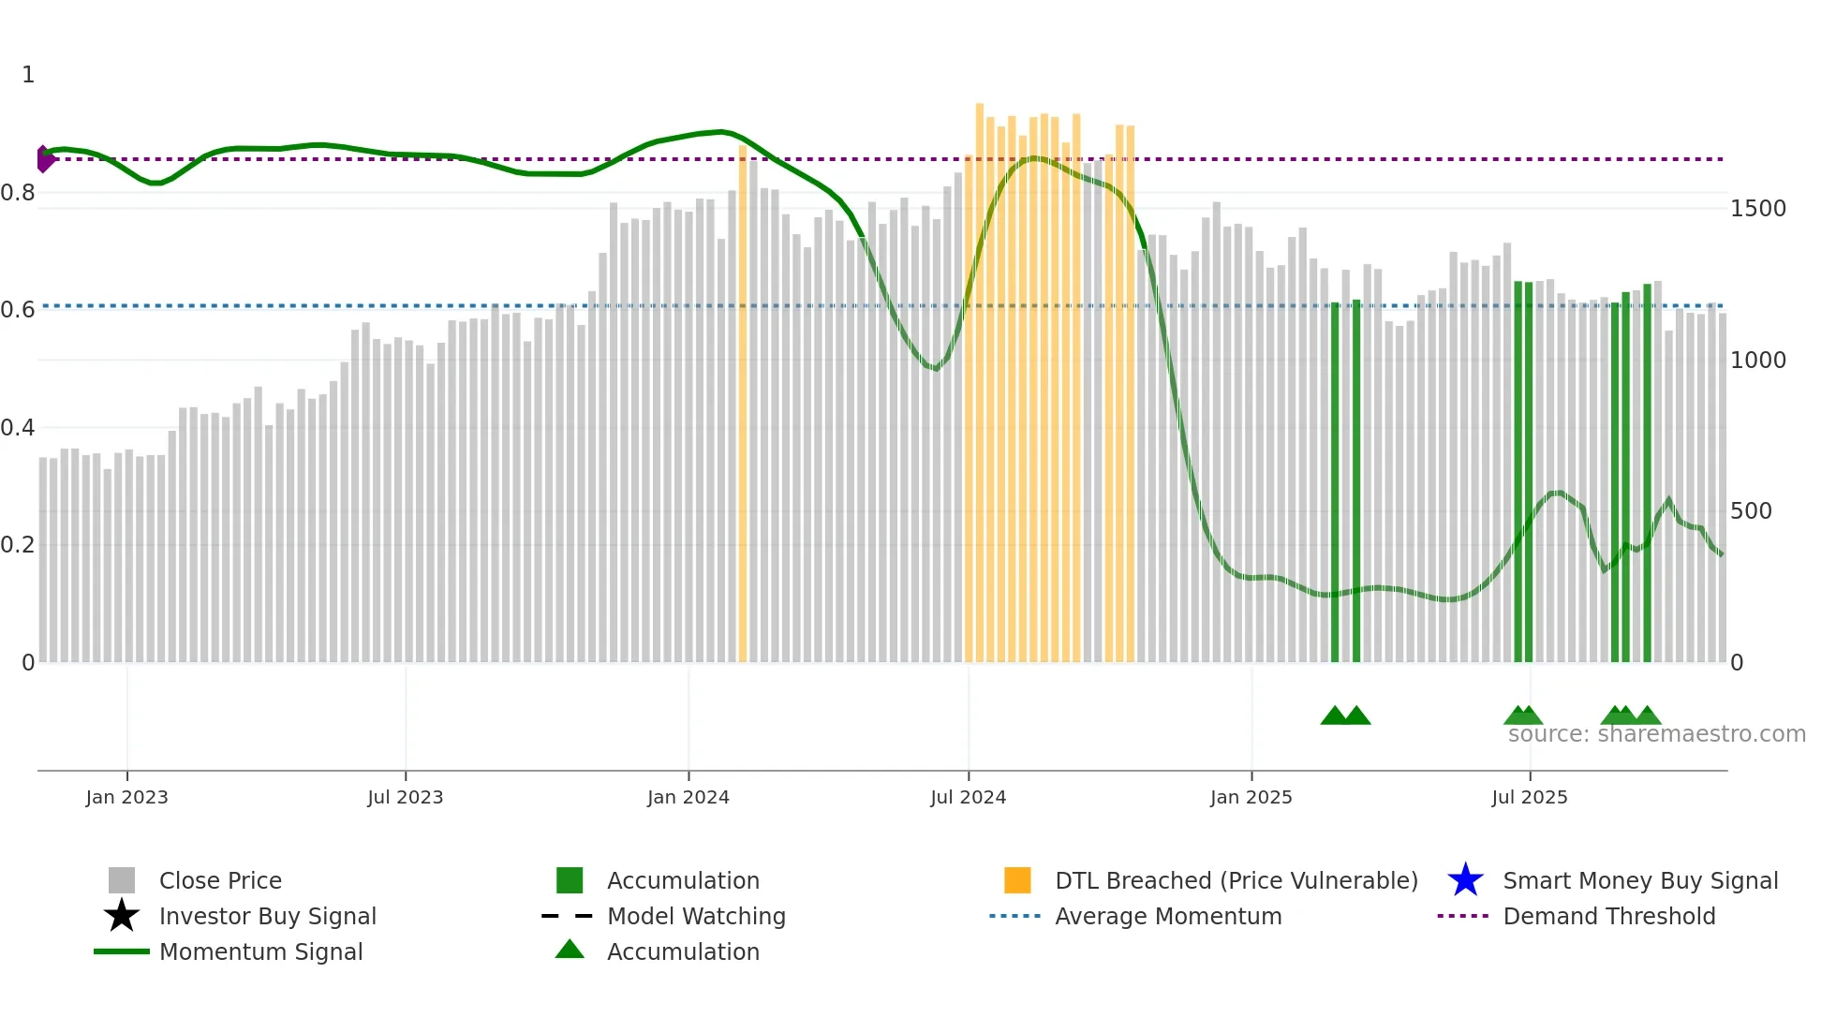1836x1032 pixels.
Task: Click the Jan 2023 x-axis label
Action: pos(126,797)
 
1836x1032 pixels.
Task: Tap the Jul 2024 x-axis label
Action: pos(968,797)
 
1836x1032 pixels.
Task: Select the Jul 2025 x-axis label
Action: pos(1529,797)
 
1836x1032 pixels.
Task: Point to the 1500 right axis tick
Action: pos(1757,209)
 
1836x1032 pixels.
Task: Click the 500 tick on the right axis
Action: pos(1751,511)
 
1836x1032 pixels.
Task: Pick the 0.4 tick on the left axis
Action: pos(18,428)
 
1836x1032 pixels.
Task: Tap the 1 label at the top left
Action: pos(28,75)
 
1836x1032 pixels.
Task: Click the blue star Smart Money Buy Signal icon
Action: pos(1465,880)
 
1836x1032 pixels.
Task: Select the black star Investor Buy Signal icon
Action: pos(122,916)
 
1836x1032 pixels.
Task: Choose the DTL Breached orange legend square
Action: pos(1017,880)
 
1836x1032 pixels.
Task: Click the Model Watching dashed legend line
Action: pos(568,916)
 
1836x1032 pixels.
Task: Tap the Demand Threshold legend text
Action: pos(1608,916)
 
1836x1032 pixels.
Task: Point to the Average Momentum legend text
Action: pos(1168,916)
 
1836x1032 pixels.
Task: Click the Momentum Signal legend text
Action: pos(260,951)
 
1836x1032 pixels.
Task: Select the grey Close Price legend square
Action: pos(122,880)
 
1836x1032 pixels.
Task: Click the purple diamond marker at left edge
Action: pos(44,159)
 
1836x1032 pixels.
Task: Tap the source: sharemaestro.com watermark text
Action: pos(1656,734)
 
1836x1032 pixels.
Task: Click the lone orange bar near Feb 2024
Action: pos(743,403)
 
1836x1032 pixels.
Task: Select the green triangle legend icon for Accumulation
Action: pos(570,950)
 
